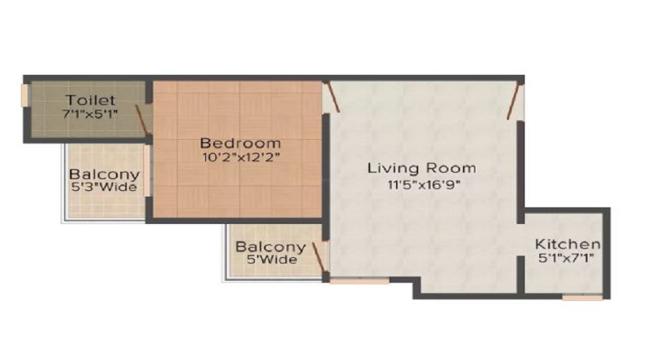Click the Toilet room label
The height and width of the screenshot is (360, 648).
(91, 100)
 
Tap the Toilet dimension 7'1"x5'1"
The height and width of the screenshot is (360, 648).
(91, 114)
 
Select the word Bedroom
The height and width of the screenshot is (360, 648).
(240, 143)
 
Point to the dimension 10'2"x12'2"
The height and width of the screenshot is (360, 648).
(240, 156)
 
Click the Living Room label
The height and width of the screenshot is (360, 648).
(422, 168)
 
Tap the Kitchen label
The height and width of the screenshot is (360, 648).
(567, 243)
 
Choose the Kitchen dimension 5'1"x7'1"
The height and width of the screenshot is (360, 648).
(567, 258)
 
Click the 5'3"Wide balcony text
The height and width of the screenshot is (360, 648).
(104, 189)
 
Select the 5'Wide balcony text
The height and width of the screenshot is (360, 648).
(271, 260)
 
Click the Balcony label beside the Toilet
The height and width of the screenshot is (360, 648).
(104, 175)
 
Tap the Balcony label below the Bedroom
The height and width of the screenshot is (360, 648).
(271, 247)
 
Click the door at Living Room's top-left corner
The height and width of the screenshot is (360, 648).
(330, 96)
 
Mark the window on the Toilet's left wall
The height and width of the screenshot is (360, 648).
(26, 95)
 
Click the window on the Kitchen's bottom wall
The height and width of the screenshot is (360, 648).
(582, 297)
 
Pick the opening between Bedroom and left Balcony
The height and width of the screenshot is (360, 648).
(148, 170)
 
